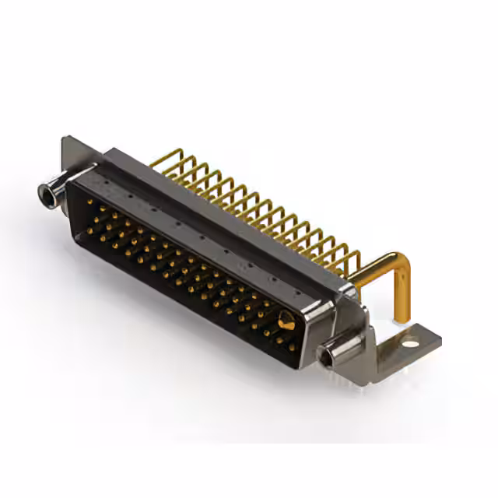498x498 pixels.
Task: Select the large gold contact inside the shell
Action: (x=286, y=318)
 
